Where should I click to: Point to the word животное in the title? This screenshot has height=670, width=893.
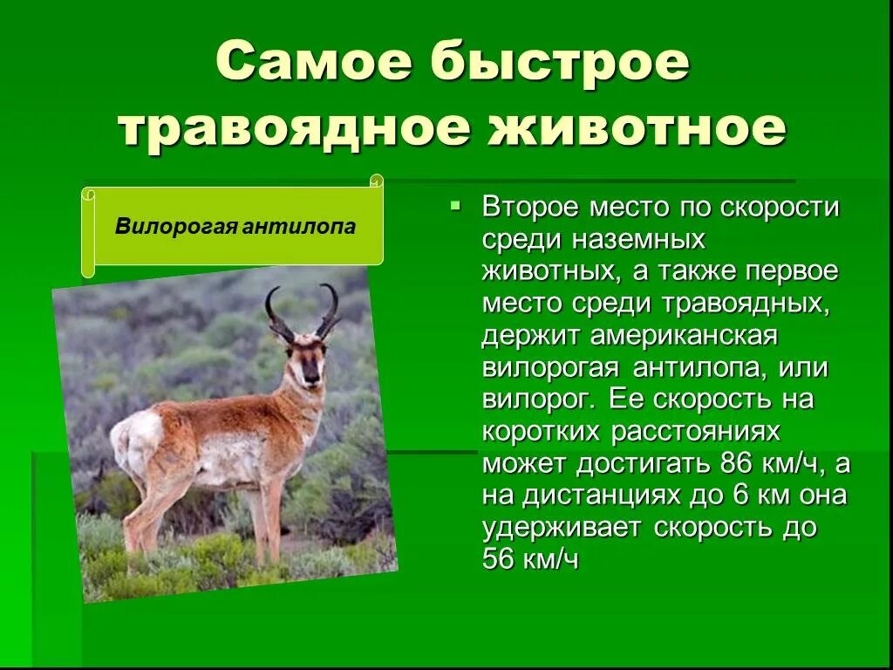pos(636,128)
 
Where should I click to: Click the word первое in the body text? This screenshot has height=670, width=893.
pos(791,271)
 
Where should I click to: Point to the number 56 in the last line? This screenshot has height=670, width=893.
pos(499,559)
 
